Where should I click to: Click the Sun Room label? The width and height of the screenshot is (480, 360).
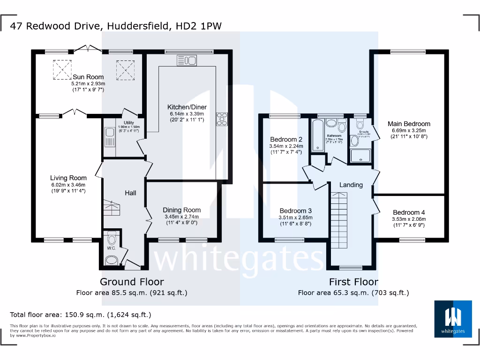(88, 77)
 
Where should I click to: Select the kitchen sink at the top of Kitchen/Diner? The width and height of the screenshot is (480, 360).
(187, 60)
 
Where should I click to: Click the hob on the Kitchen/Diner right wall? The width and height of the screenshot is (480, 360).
(221, 120)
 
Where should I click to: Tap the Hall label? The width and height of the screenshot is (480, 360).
(130, 193)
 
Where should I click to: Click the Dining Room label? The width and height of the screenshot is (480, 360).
(181, 210)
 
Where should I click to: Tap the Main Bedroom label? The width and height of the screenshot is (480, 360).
(409, 124)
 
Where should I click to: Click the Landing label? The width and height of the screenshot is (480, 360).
(351, 185)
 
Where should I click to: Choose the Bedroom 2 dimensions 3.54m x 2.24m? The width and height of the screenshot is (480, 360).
(286, 146)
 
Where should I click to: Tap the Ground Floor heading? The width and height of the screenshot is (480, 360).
(132, 282)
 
